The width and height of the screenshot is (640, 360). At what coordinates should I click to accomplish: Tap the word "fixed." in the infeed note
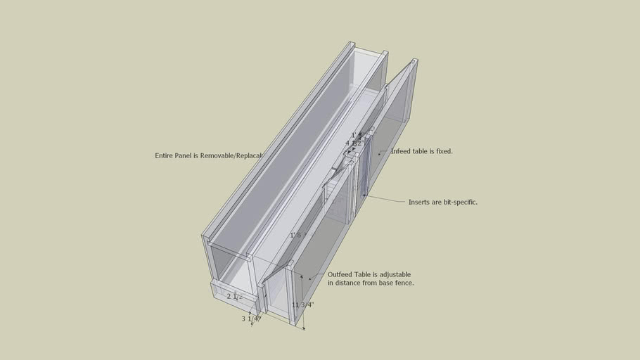click(442, 151)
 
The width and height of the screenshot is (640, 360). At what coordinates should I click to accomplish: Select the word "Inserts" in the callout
click(420, 202)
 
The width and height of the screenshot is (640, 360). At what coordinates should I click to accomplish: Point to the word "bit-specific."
click(455, 202)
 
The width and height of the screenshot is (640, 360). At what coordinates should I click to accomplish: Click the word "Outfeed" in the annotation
click(340, 274)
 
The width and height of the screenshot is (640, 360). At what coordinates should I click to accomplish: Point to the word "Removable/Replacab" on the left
click(231, 155)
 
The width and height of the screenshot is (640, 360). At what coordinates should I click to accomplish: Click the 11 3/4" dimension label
click(303, 304)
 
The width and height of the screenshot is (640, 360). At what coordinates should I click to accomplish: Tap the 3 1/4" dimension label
click(251, 319)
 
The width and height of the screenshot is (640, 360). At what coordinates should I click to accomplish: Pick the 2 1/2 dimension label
click(234, 297)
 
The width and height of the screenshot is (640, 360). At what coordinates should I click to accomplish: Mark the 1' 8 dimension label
click(296, 235)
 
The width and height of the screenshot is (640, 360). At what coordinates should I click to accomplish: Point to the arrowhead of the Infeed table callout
click(380, 152)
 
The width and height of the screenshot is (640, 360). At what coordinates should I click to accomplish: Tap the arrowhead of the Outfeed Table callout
click(308, 279)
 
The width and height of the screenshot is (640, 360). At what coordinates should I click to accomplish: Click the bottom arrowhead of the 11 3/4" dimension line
click(304, 328)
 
